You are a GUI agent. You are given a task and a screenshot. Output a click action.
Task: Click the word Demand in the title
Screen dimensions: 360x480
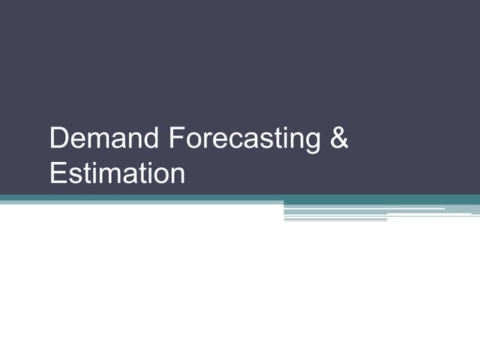(x=104, y=139)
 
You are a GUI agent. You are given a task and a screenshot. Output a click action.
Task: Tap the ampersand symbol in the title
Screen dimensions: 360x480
(x=339, y=139)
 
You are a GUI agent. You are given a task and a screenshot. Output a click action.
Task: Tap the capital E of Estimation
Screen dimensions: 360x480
(x=57, y=173)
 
